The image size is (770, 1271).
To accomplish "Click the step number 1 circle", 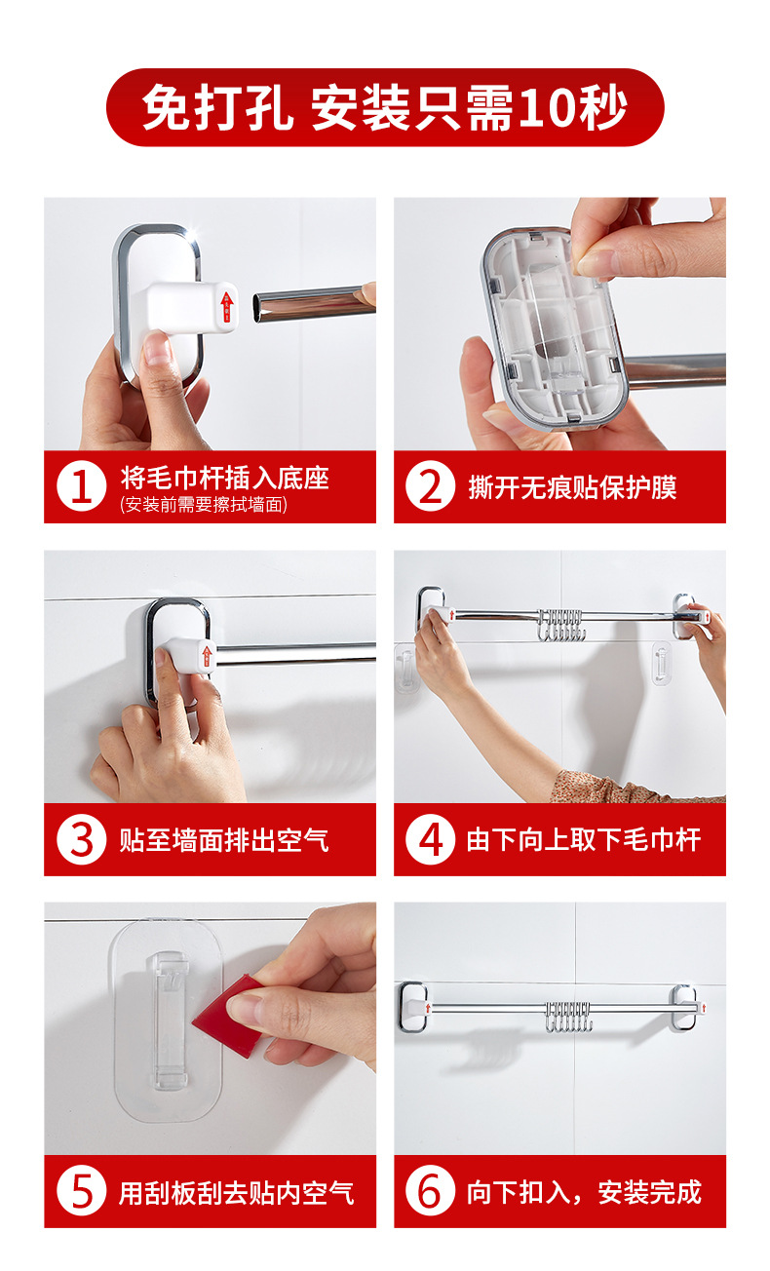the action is [81, 486].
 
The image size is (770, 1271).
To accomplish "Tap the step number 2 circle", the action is [430, 486].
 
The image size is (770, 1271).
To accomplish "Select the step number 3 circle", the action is [81, 840].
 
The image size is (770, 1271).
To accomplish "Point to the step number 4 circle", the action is [430, 840].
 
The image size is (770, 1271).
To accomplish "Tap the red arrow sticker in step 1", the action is [227, 307].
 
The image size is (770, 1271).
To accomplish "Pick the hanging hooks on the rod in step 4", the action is [561, 625].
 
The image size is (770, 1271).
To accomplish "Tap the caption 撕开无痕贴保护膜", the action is [572, 487].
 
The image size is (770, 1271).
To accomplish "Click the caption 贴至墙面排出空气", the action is [223, 840].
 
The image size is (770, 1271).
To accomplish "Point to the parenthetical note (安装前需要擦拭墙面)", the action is [204, 505].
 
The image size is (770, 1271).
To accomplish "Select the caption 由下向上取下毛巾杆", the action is [584, 840].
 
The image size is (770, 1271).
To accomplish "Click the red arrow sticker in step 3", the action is [207, 657].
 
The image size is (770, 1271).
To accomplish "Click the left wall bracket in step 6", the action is [413, 1007].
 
